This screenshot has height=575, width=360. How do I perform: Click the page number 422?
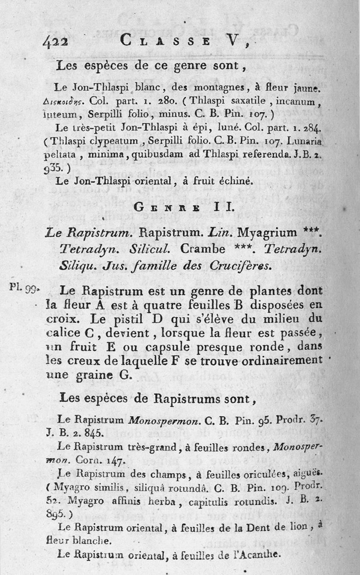[x=55, y=42]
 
